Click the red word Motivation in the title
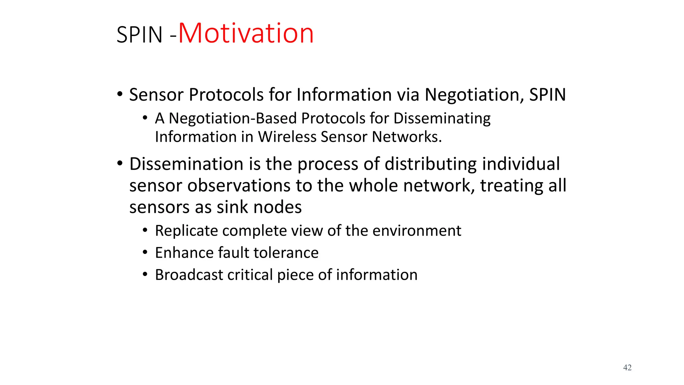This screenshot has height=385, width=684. [246, 33]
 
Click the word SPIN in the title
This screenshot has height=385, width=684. [139, 35]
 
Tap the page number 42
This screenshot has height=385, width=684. [627, 368]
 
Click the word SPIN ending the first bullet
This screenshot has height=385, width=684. [547, 95]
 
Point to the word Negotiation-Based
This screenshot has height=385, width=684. [232, 119]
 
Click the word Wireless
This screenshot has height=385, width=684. [287, 137]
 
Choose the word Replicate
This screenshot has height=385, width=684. [186, 231]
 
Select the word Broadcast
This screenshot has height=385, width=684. [189, 275]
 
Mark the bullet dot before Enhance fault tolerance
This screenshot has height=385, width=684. [145, 252]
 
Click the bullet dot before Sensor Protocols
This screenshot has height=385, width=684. [120, 95]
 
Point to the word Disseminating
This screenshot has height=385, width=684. [442, 119]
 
